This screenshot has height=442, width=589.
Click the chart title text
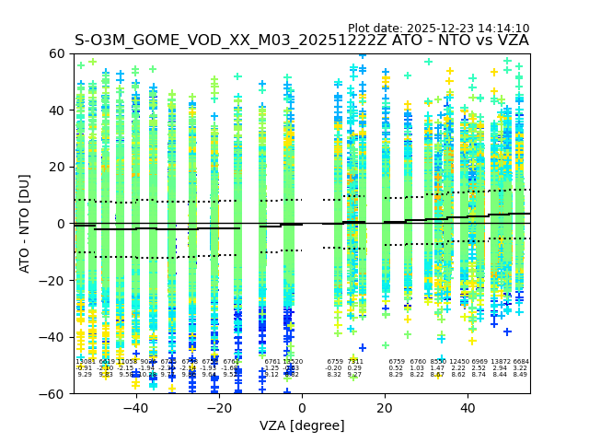point(302,41)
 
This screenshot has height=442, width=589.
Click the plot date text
point(438,29)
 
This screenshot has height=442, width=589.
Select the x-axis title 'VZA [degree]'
point(302,425)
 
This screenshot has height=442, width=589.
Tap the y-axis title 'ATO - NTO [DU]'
point(25,224)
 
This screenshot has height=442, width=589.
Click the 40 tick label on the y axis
point(57,110)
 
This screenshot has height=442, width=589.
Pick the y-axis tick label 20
point(57,168)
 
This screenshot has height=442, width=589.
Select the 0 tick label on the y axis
point(61,224)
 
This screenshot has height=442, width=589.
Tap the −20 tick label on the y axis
point(53,281)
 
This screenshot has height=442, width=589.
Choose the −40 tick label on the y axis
point(53,337)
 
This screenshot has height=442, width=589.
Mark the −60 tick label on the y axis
point(53,394)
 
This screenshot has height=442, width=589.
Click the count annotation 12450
point(458,362)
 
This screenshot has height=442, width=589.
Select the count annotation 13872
point(500,362)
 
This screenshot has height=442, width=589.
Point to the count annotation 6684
point(521,362)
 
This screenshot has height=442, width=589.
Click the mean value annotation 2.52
point(479,368)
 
